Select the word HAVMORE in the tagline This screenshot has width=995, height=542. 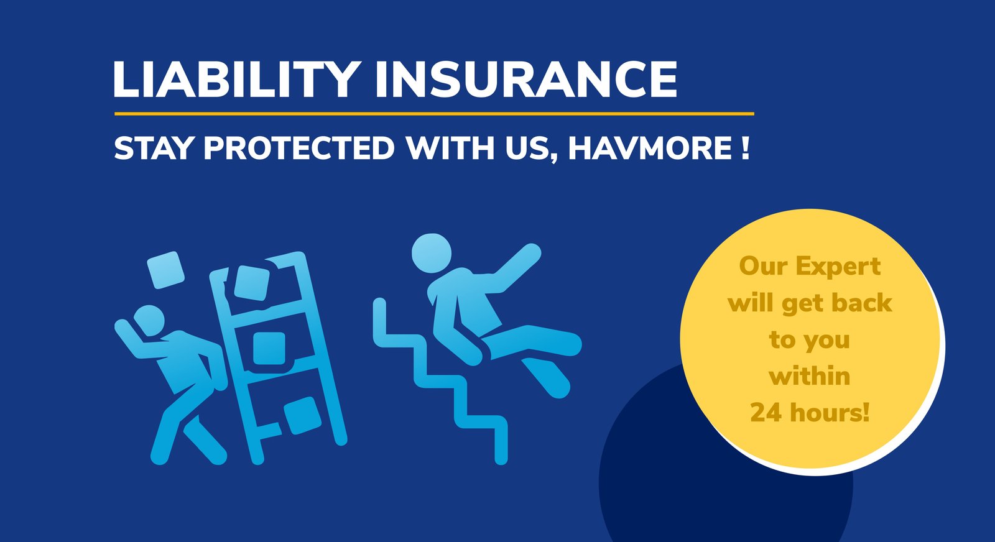coord(650,148)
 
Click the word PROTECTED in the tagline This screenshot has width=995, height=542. coord(299,148)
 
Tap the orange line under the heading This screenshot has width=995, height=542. coord(434,114)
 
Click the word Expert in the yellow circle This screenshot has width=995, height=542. coord(838,267)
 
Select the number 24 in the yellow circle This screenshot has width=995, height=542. coord(766,412)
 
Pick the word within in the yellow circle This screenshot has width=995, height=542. coord(809,376)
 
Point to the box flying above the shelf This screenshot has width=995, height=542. coord(165,270)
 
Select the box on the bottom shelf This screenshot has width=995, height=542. coord(302,416)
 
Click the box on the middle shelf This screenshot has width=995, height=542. coord(269,349)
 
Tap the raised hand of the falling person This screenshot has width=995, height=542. coord(529,254)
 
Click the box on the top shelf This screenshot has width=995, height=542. coord(251,283)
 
